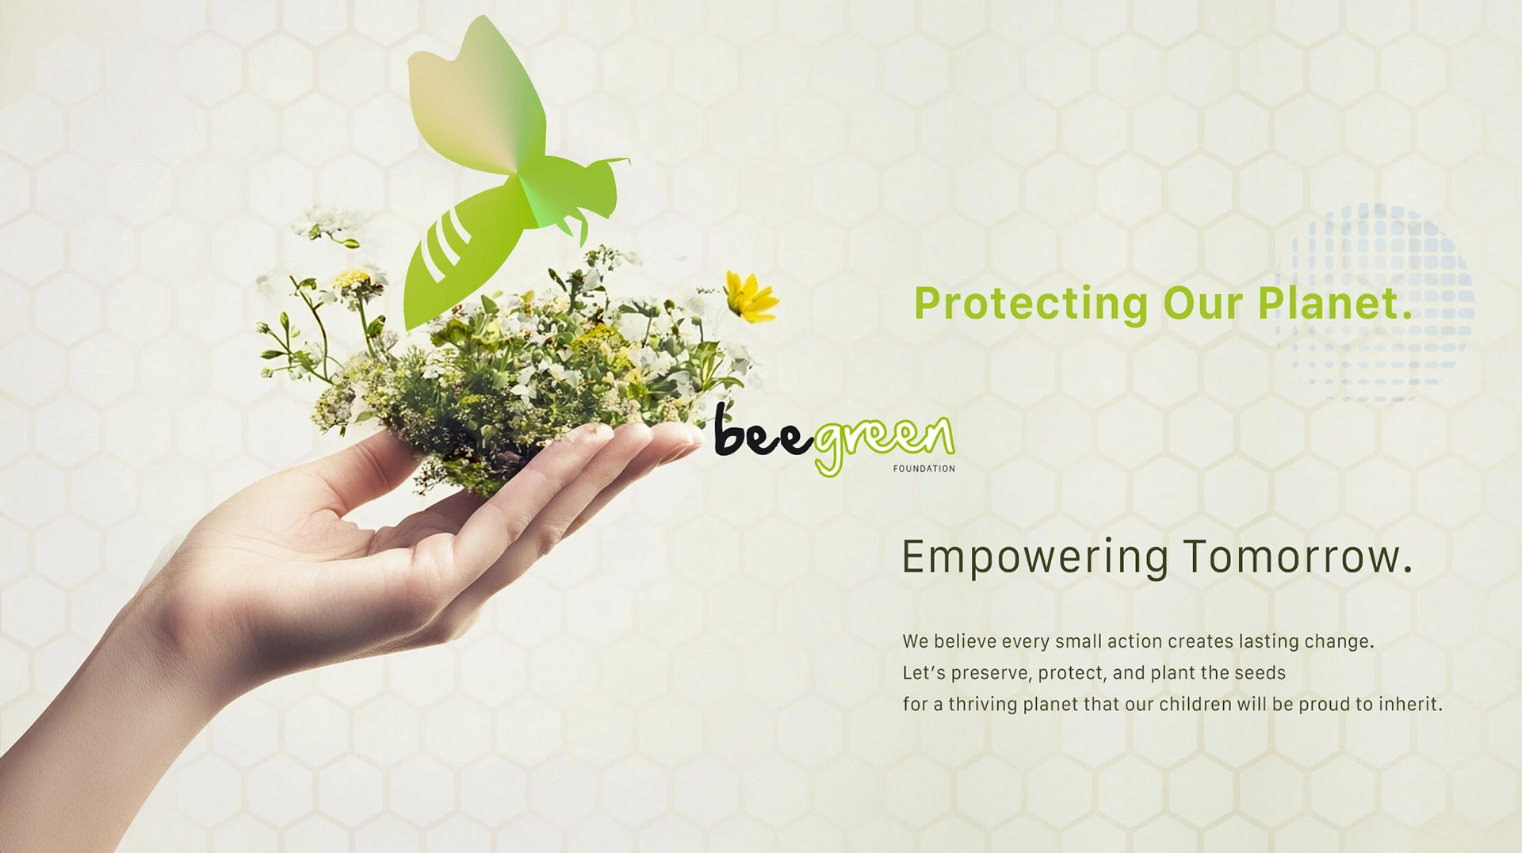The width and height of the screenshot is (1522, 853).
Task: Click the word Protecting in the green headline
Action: click(1031, 304)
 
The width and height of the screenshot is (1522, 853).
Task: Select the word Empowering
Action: click(1034, 557)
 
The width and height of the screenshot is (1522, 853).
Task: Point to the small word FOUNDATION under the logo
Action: click(924, 469)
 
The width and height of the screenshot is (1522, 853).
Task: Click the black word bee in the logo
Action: click(763, 432)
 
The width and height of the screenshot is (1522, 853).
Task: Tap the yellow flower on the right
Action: click(751, 296)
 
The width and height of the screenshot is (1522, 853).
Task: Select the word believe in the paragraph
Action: click(965, 641)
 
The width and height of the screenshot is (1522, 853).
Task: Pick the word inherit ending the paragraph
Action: click(1410, 703)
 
